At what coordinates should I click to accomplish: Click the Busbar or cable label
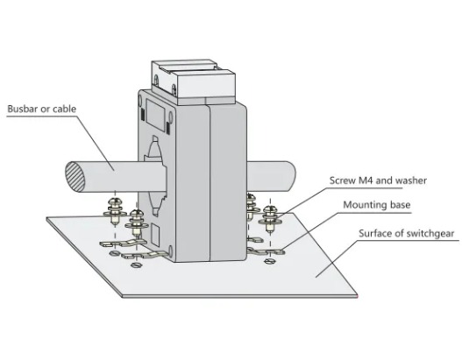click(42, 109)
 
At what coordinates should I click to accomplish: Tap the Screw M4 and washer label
click(378, 180)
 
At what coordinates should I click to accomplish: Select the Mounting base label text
click(377, 205)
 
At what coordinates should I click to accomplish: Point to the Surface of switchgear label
click(407, 233)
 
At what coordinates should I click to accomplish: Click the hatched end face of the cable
click(75, 177)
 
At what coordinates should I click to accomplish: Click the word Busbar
click(23, 109)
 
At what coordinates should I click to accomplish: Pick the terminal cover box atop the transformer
click(193, 81)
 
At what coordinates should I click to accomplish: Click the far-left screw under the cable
click(115, 210)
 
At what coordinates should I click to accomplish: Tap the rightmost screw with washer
click(270, 219)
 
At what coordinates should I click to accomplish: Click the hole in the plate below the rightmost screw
click(269, 261)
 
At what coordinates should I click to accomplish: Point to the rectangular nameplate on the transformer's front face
click(154, 115)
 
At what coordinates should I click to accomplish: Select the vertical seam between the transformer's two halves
click(210, 182)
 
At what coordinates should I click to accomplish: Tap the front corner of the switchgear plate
click(122, 296)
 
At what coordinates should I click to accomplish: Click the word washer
click(411, 180)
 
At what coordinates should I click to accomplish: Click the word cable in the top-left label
click(65, 109)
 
